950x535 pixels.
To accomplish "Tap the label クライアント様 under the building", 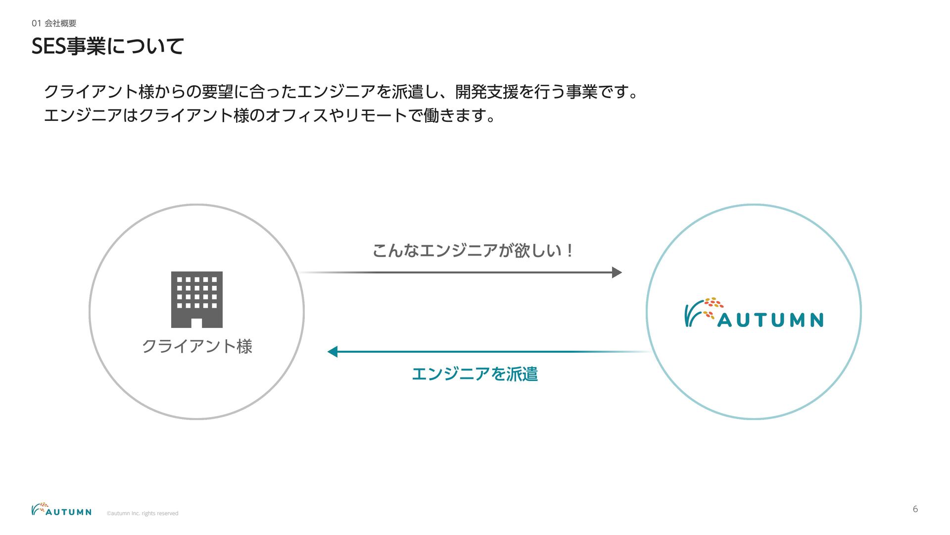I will (197, 346).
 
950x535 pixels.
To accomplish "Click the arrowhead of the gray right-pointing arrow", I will (617, 272).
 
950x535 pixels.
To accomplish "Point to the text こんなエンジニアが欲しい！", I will (473, 250).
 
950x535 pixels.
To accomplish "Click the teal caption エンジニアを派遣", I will (475, 374).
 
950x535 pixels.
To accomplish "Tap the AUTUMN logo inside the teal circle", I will (754, 313).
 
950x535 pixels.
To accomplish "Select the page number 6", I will (915, 509).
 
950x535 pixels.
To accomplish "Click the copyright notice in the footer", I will (142, 513).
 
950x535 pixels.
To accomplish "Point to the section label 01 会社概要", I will (54, 23).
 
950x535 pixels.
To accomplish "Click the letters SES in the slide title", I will (48, 47).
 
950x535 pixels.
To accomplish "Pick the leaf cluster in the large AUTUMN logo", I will (713, 307).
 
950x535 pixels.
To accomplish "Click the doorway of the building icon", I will (196, 323).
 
